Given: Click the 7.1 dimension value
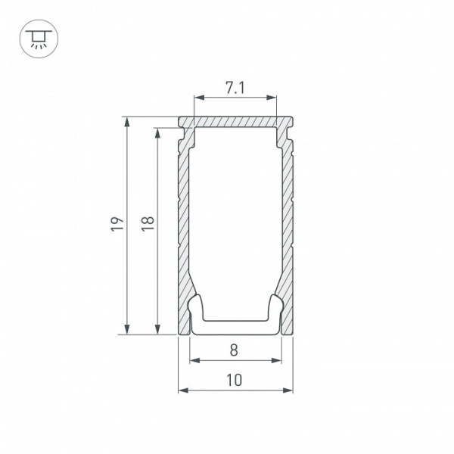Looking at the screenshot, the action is tap(235, 88).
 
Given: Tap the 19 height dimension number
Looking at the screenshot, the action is tap(117, 223).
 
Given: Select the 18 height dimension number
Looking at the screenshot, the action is tap(148, 223).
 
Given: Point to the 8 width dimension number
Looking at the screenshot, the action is tap(234, 350).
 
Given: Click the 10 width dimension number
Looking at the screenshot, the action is tap(234, 380).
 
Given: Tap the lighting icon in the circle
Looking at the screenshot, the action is tap(39, 39).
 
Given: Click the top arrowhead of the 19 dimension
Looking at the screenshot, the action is tap(126, 122).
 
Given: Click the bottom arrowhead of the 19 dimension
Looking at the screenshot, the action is tap(126, 329).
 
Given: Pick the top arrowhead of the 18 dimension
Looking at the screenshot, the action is tap(157, 132).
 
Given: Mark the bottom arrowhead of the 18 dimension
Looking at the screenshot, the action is tap(157, 329).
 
